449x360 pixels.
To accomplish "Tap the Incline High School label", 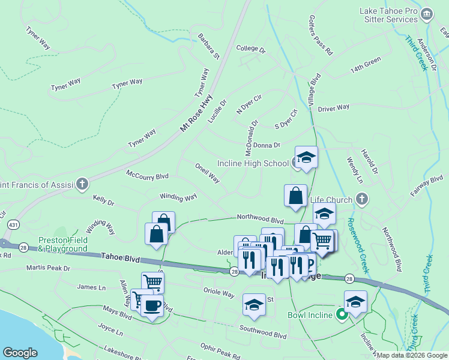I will [x=253, y=163].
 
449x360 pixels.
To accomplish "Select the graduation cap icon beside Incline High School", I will [x=306, y=158].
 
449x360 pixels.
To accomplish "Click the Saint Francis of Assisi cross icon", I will [x=82, y=184].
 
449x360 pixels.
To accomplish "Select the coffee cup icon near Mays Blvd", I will [x=152, y=306].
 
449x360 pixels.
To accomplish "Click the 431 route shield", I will [x=13, y=224].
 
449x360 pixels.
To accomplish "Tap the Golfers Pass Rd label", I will [x=321, y=35].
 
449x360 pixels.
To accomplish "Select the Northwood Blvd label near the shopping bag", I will [x=260, y=220].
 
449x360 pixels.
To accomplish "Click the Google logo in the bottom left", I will [x=20, y=353].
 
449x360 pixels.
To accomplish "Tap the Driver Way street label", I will [x=334, y=108].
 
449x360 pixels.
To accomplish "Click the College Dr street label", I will [x=250, y=49].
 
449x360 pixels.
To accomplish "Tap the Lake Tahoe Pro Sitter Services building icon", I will [x=426, y=13].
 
